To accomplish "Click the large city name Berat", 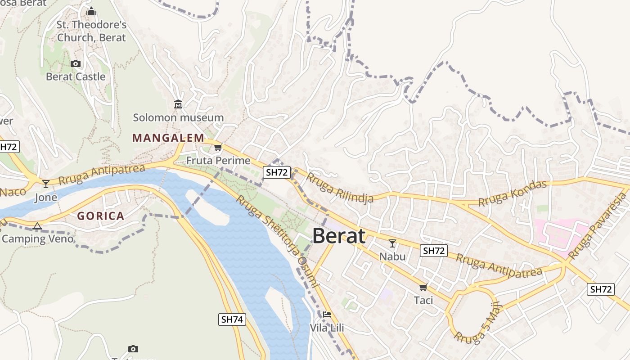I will click(338, 236).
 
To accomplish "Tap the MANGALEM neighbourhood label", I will click(168, 138).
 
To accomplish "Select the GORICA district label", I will click(100, 216).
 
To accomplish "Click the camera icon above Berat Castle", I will click(76, 63).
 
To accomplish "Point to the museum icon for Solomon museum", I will click(178, 104).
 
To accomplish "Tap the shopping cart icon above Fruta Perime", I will click(218, 147).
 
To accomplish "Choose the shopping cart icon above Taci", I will click(423, 287).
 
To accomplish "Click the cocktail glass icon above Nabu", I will click(392, 243).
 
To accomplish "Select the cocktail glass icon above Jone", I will click(45, 184).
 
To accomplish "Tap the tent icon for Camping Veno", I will click(37, 226).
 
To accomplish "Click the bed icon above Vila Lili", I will click(327, 315).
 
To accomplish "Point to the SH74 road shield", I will click(233, 319).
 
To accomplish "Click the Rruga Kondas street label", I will click(513, 193).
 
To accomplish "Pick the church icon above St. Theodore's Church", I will click(91, 11).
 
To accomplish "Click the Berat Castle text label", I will click(76, 76).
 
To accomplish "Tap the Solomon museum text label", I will click(178, 117).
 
